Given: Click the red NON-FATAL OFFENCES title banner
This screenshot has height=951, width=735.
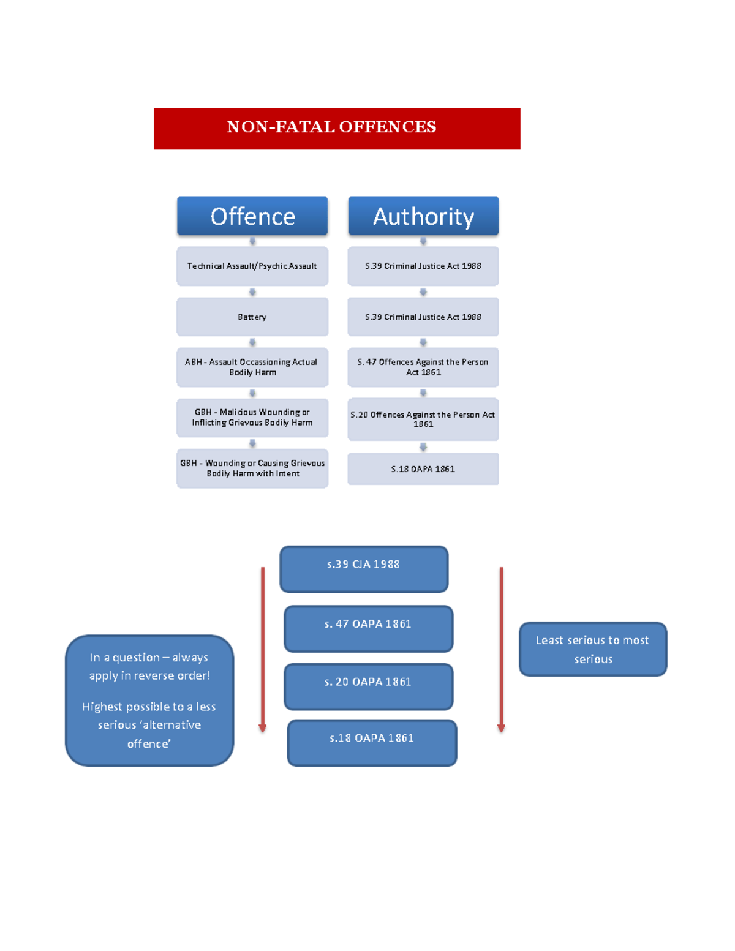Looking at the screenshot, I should point(337,129).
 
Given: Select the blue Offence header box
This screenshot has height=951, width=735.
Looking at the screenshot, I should point(252,216).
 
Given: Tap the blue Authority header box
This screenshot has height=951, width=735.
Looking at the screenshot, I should point(423,216).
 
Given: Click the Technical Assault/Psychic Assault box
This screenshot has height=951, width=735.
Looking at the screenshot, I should point(252,266).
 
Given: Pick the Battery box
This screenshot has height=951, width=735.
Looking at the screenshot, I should point(252,317).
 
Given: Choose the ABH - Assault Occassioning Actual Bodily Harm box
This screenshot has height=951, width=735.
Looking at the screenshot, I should point(252,367).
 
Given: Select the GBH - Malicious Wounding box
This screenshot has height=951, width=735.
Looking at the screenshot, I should point(252,418).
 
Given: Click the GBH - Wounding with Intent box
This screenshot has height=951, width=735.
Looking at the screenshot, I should point(252,468).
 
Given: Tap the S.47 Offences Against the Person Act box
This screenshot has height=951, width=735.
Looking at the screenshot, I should point(423,367).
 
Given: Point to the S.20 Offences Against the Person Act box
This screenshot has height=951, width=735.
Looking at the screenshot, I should point(423,419).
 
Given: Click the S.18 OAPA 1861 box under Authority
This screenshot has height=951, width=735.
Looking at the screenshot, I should point(423,469).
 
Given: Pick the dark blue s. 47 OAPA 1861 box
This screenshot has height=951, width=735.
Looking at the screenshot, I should point(368,629).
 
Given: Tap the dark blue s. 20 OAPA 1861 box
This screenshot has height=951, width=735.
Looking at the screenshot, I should point(368,686).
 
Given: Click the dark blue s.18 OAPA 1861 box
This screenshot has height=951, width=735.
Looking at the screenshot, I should point(372,743).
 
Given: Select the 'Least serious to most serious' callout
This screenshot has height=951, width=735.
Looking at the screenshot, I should point(593,649).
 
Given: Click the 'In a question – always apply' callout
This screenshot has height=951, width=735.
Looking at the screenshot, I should point(149,701).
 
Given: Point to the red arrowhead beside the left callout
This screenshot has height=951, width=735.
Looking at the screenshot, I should point(263,728).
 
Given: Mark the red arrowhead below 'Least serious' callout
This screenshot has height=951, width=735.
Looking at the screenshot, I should point(501,728).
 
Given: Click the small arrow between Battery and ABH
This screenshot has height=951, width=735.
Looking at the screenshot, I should point(252,342).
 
